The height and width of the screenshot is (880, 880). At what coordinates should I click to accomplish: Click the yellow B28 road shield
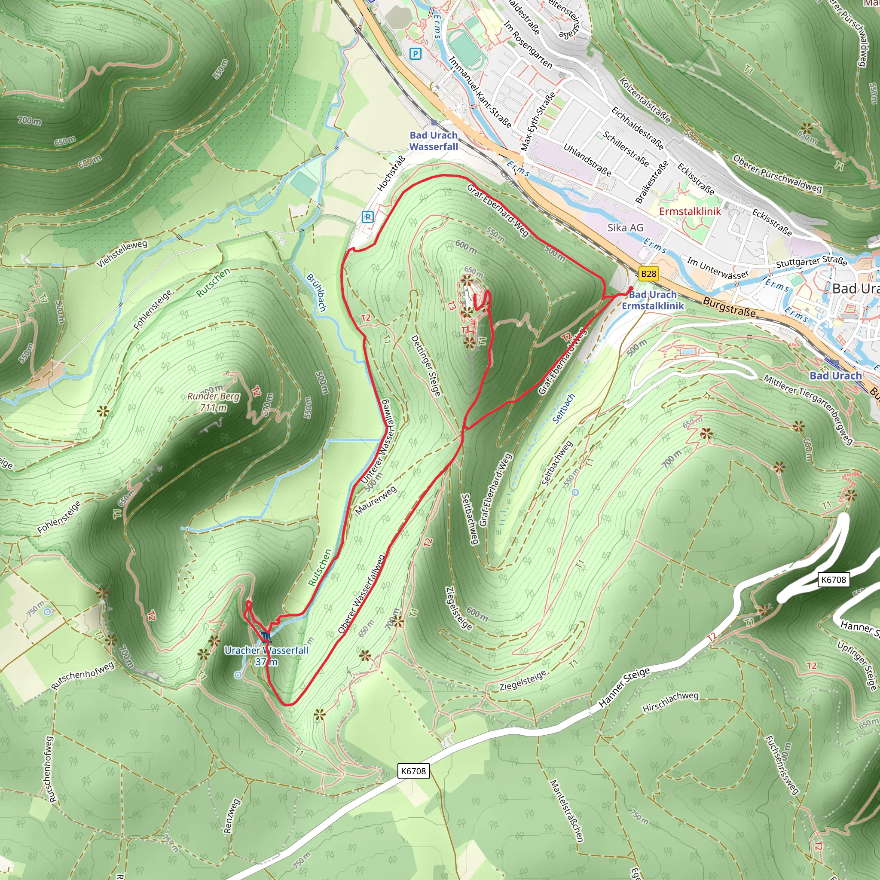[648, 274]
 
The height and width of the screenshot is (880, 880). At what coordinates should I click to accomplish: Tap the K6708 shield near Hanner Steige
[833, 580]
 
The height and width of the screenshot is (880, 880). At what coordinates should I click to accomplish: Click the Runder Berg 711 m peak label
[213, 402]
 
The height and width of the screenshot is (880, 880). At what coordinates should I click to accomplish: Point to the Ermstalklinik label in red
[690, 211]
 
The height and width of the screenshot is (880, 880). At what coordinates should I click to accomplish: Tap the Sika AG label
[625, 228]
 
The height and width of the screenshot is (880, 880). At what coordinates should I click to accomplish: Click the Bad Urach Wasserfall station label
[433, 141]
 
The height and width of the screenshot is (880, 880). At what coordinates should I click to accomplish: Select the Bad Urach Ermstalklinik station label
[653, 300]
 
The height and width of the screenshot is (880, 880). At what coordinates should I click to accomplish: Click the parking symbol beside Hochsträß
[367, 217]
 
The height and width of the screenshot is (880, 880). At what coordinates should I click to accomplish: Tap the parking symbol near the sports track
[416, 54]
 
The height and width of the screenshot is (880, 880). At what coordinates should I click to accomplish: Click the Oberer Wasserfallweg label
[362, 593]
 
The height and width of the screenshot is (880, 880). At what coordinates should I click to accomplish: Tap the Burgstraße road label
[729, 307]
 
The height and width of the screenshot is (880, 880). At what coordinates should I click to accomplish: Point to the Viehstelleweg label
[122, 253]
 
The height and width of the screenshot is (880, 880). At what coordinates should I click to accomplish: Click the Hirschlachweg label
[670, 703]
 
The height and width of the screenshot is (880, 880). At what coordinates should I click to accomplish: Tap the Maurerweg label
[376, 500]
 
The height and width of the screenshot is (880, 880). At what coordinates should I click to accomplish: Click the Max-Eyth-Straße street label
[538, 122]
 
